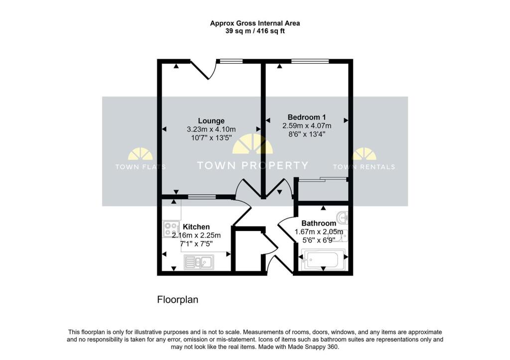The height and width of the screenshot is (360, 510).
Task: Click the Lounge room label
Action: (x=211, y=120)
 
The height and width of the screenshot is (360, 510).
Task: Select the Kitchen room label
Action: (x=196, y=227)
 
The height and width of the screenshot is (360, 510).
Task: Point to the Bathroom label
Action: (x=318, y=223)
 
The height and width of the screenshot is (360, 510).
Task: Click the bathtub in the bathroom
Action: (x=320, y=259)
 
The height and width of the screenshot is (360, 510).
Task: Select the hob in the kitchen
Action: (x=170, y=229)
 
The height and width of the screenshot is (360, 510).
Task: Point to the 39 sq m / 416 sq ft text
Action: (x=255, y=31)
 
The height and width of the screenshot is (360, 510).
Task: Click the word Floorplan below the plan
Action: (x=178, y=300)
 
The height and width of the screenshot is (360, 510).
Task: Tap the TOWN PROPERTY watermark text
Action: (x=253, y=166)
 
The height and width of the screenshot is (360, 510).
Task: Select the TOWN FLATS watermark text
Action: (x=140, y=167)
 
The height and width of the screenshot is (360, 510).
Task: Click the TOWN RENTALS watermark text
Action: (x=364, y=167)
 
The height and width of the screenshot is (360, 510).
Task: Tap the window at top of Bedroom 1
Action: (x=310, y=61)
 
